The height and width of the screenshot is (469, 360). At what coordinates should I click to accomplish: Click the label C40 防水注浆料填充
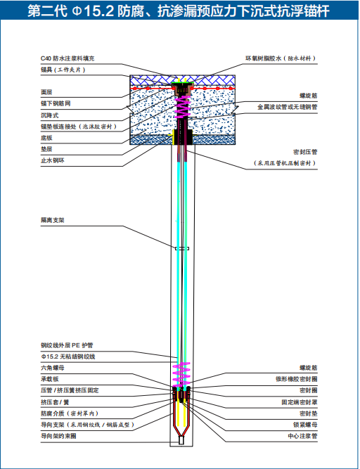click(x=67, y=58)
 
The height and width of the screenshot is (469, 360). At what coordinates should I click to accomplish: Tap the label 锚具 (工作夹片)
click(x=63, y=70)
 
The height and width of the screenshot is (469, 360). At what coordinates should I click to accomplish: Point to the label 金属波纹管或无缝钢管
click(x=288, y=107)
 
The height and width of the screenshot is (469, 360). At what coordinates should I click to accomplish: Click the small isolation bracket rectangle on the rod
click(x=182, y=248)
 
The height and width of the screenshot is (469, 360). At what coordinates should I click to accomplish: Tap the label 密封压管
click(x=305, y=152)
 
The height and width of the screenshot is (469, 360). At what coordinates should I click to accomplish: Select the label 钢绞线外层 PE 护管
click(x=67, y=345)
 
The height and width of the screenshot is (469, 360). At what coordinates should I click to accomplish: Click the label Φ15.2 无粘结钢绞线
click(x=68, y=356)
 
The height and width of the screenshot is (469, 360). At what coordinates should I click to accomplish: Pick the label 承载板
click(x=50, y=379)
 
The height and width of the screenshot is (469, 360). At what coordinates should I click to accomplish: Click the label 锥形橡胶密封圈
click(x=296, y=379)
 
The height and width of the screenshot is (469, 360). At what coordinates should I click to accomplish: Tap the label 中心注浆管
click(x=302, y=436)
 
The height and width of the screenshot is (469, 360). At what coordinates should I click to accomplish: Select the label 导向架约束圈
click(x=58, y=436)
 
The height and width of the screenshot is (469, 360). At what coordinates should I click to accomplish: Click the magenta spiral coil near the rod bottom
click(x=181, y=374)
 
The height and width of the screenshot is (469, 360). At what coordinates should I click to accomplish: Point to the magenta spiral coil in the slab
click(x=182, y=105)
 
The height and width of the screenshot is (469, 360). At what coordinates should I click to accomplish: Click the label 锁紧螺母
click(x=305, y=425)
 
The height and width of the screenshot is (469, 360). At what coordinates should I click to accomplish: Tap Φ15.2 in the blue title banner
click(x=93, y=11)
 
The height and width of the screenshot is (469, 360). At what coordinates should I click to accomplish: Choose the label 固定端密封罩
click(x=300, y=402)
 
